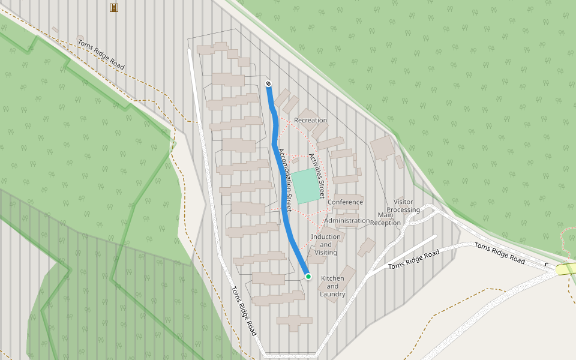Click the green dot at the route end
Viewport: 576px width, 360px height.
tap(308, 276)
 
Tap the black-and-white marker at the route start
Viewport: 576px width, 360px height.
tap(268, 83)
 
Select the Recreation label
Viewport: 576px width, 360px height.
tap(310, 121)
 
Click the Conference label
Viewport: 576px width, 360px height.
tap(345, 202)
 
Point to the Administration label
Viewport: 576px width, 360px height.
tap(347, 221)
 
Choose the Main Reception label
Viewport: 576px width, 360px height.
tap(385, 219)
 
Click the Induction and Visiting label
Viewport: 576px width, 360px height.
tap(326, 244)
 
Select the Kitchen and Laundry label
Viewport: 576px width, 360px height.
tap(332, 286)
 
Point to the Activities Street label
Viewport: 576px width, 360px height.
tap(317, 176)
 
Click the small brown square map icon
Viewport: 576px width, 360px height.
tap(113, 7)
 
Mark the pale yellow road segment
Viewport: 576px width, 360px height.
tap(565, 269)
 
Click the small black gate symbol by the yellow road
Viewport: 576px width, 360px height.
tap(547, 264)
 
